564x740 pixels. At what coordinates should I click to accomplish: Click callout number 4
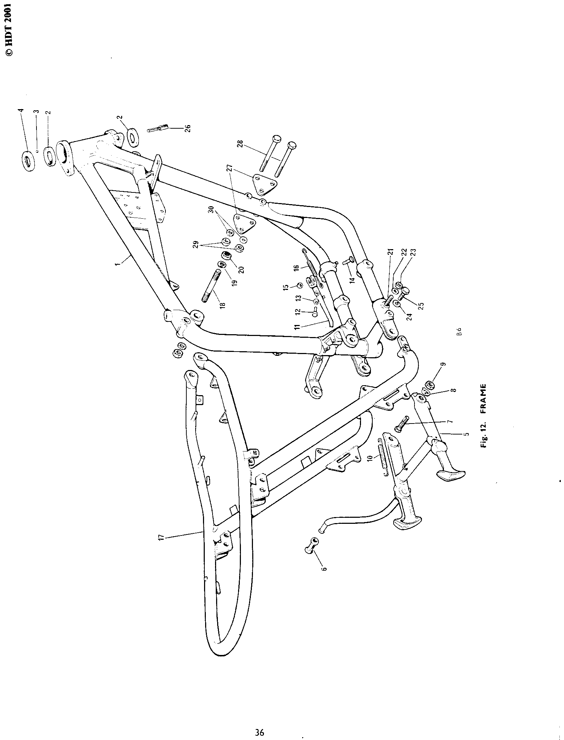tap(21, 110)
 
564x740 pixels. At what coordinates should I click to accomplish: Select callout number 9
tap(442, 364)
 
